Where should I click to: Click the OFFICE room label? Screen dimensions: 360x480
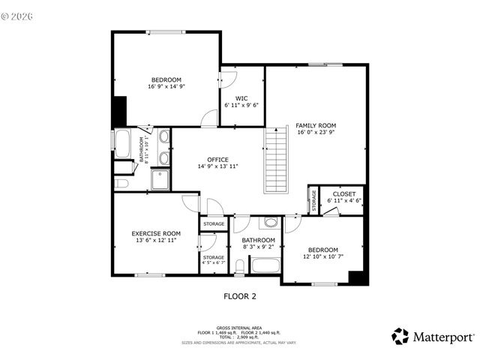217,160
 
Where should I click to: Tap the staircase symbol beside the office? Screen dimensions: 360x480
276,159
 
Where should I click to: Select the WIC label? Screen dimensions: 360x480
241,98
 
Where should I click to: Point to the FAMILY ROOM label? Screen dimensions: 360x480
315,125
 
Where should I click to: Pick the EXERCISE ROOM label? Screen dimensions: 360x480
156,233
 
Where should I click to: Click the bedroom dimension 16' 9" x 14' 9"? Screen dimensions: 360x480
166,87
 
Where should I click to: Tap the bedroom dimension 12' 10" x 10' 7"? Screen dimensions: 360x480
321,257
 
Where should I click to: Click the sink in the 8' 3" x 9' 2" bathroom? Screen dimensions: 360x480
271,222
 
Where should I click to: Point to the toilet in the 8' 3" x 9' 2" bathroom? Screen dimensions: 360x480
240,266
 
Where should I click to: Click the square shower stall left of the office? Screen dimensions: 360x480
160,179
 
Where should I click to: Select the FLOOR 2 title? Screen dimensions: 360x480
240,296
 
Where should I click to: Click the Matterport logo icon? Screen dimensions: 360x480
400,336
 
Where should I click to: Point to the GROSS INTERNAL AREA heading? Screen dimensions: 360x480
239,328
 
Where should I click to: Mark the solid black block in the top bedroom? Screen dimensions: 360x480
118,112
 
